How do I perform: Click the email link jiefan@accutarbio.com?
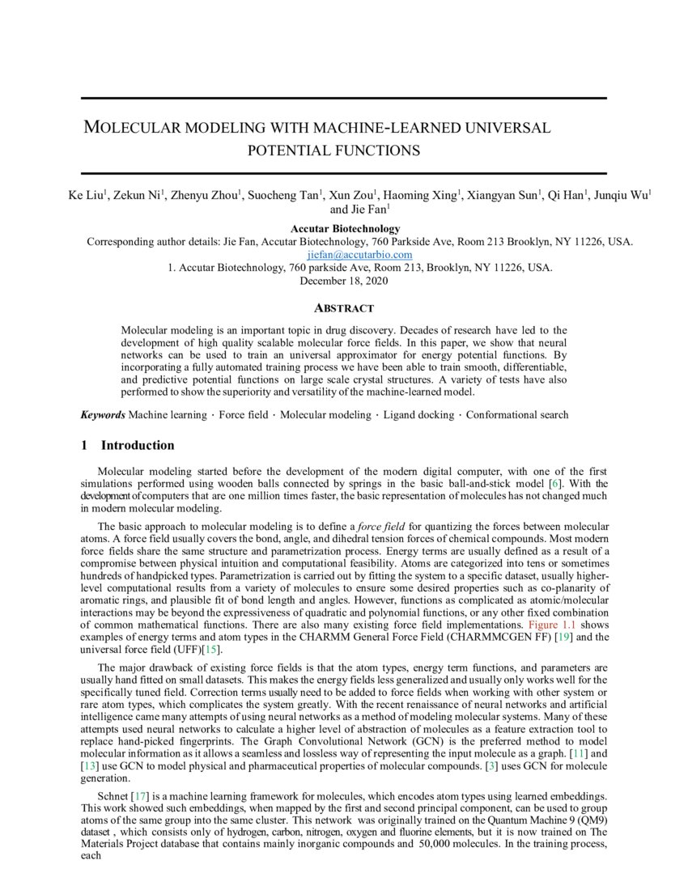click(x=348, y=255)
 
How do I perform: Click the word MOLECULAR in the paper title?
click(x=134, y=128)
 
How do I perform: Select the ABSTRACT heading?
click(x=343, y=308)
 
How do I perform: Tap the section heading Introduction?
click(x=137, y=445)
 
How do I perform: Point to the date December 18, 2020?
click(x=343, y=282)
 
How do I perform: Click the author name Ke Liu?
click(x=85, y=195)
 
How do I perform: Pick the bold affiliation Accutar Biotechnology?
click(x=345, y=229)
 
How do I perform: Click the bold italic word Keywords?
click(x=102, y=415)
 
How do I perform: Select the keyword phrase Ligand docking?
click(x=412, y=415)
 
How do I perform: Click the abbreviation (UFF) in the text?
click(x=189, y=650)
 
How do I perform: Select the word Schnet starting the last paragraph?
click(x=101, y=796)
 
